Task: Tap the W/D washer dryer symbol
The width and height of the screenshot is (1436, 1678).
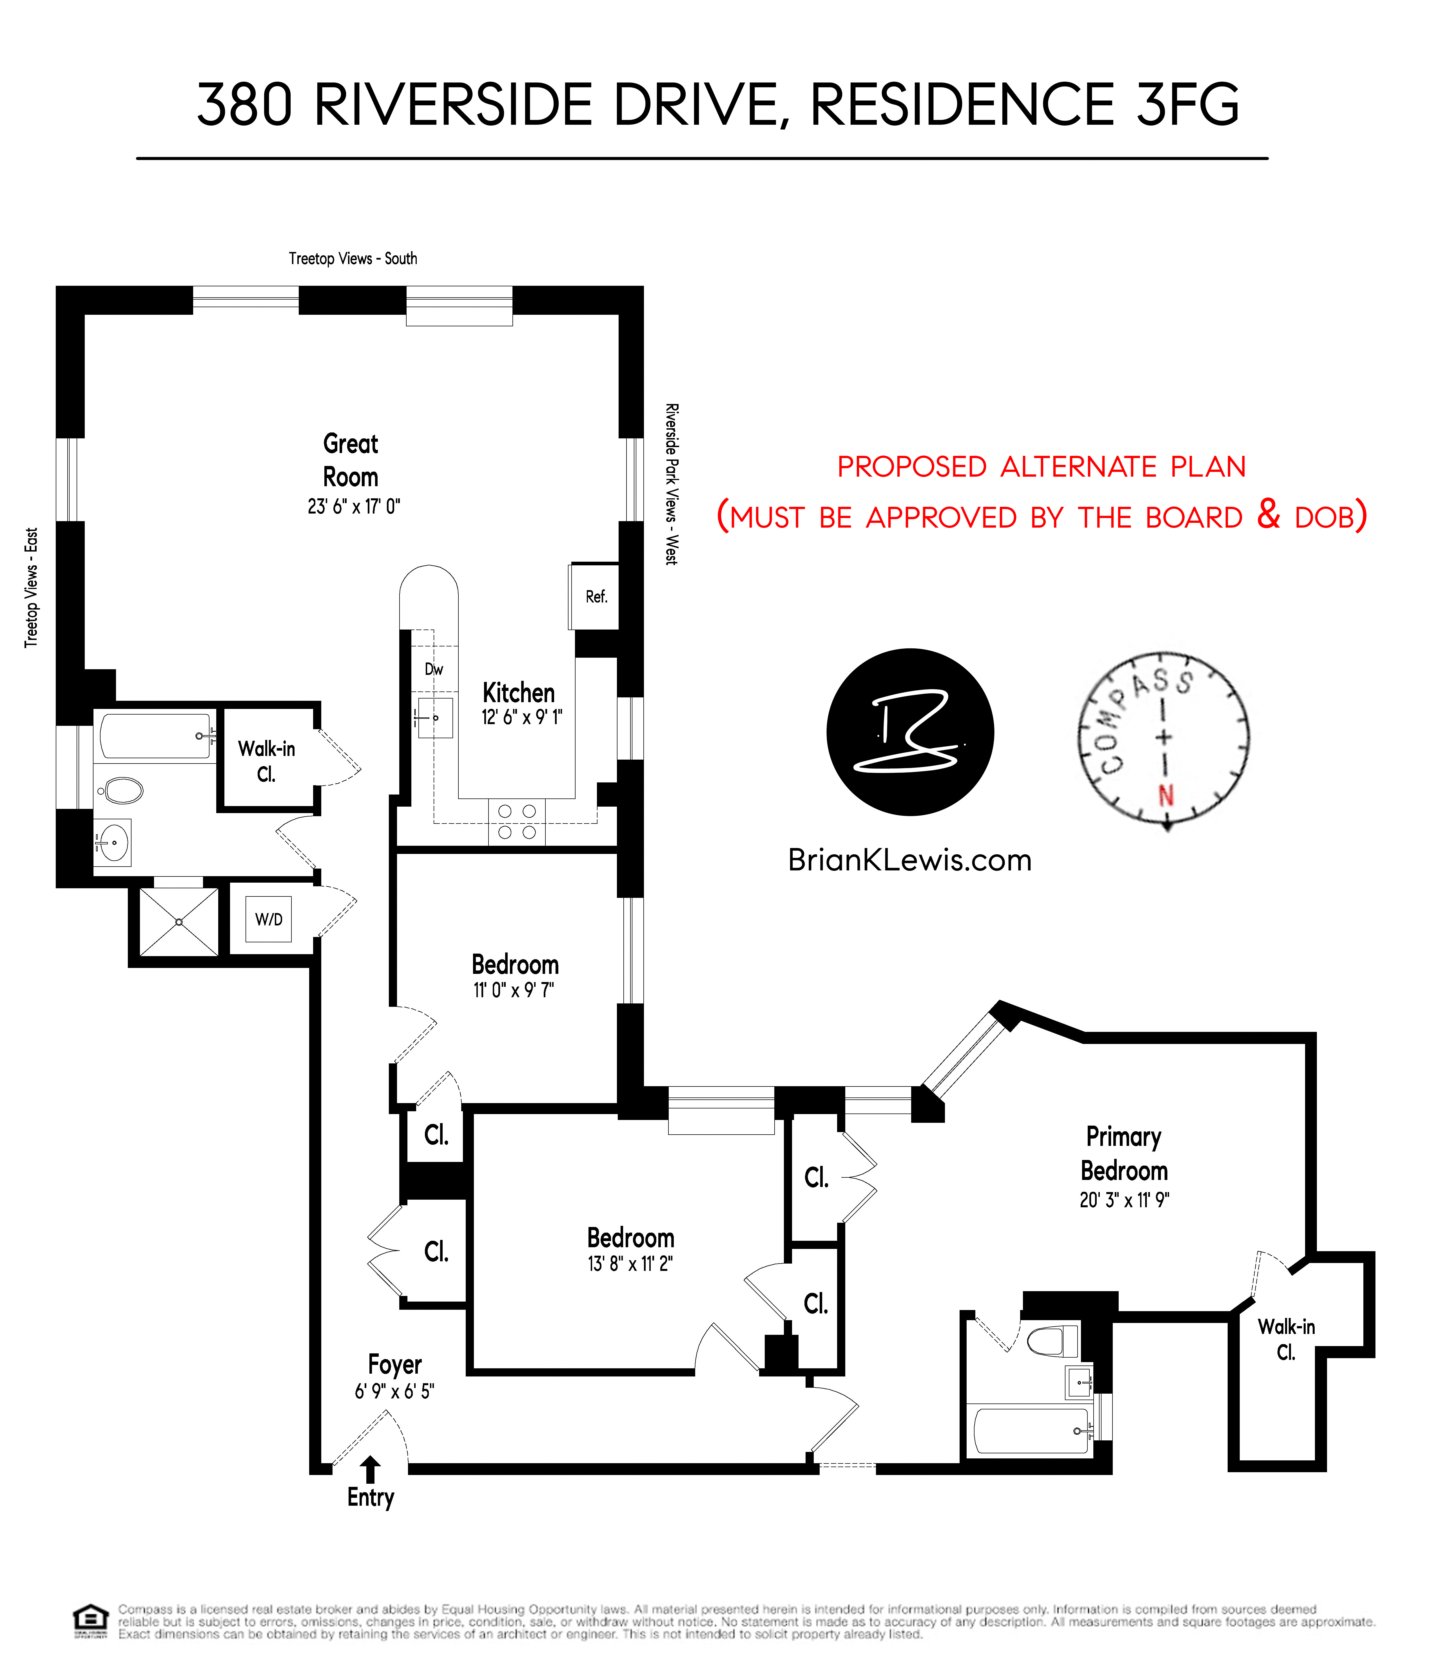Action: [x=269, y=919]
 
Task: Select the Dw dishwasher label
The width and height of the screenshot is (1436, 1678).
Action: [x=434, y=669]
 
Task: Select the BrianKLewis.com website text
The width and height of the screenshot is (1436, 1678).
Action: [x=909, y=860]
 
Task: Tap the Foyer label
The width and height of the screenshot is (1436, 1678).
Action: [x=394, y=1365]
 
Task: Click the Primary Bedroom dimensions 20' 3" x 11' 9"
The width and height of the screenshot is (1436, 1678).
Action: [x=1124, y=1200]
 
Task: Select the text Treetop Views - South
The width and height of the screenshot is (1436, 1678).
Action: [x=353, y=258]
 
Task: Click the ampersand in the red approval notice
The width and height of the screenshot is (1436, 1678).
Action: [x=1268, y=514]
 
